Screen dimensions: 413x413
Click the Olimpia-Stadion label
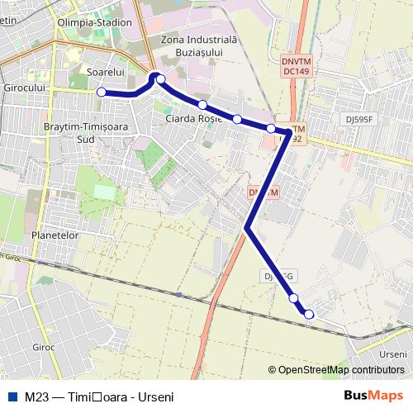coord(94,22)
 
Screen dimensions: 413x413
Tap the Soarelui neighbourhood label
coord(105,73)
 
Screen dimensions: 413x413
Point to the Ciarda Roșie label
coord(194,119)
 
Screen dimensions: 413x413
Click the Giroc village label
coord(43,347)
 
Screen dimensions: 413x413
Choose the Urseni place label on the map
coord(394,354)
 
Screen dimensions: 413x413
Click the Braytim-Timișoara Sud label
coord(80,133)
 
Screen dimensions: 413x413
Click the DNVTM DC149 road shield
coord(296,66)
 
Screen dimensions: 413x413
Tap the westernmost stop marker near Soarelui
coord(102,93)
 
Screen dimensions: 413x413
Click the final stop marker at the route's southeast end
coord(309,314)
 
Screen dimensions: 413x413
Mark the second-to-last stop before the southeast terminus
coord(293,297)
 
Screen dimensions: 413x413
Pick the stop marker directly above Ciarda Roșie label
coord(202,105)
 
